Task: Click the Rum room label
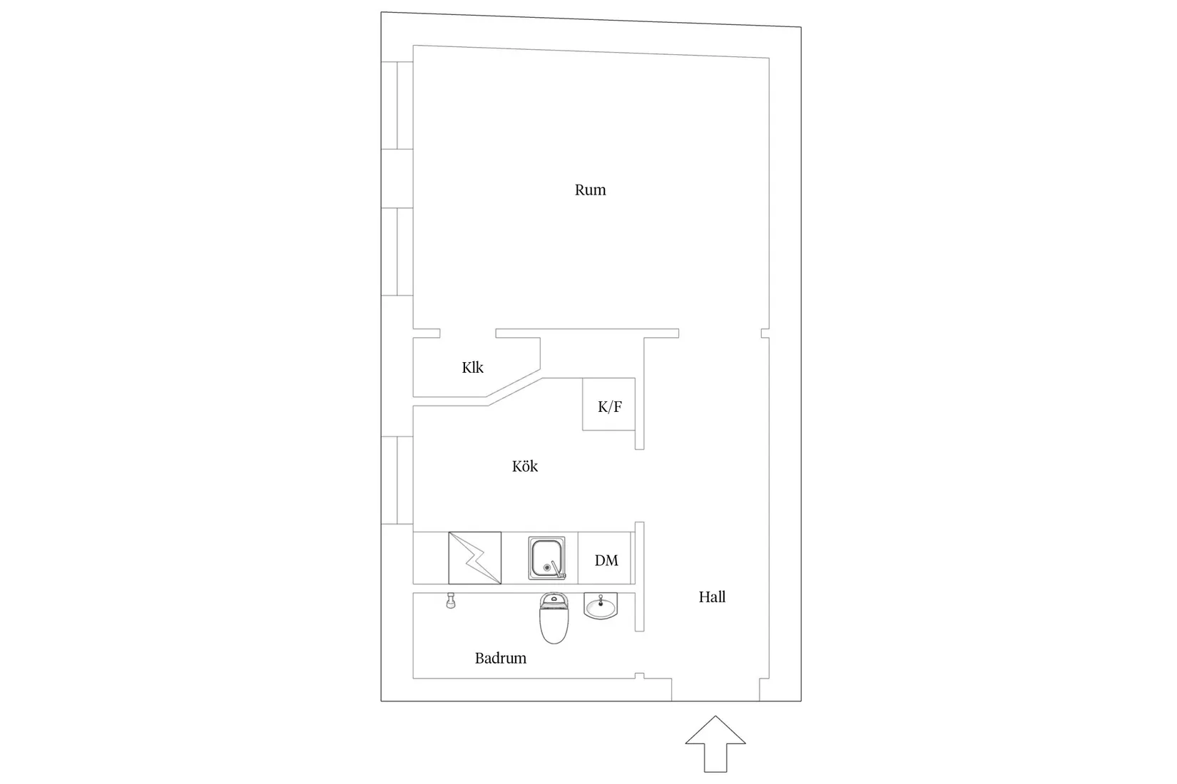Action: point(590,190)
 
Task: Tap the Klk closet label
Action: point(472,368)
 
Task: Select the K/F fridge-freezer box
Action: point(609,404)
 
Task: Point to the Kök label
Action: point(525,466)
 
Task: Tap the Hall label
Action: point(712,597)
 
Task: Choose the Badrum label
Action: point(500,658)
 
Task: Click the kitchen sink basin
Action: point(547,557)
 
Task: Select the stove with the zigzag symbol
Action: point(475,557)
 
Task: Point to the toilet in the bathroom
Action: point(554,618)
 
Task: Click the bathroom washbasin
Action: point(601,606)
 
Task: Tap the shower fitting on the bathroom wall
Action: point(450,601)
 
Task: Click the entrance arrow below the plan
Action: point(715,743)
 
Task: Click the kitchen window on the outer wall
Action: point(397,480)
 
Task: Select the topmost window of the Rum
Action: point(397,105)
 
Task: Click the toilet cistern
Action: point(554,602)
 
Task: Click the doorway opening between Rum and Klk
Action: point(468,334)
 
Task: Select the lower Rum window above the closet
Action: point(397,252)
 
